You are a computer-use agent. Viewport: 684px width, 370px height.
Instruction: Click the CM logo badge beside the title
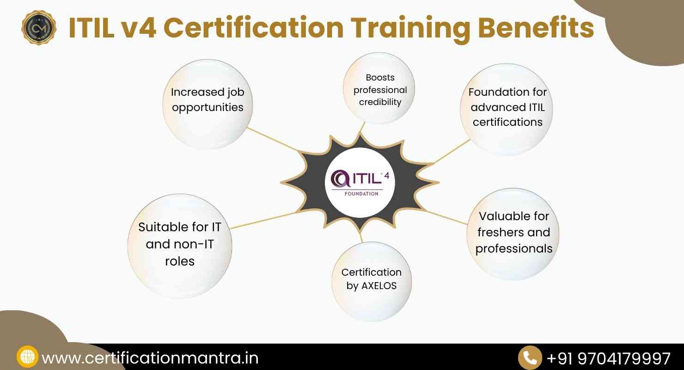pos(39,28)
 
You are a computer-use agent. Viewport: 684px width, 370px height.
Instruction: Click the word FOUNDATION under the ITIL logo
pos(361,193)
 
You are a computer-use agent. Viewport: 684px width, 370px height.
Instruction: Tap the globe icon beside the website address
pos(27,358)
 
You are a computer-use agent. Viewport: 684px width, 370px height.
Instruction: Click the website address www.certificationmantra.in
pos(150,358)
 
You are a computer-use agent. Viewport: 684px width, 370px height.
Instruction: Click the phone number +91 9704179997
pos(608,358)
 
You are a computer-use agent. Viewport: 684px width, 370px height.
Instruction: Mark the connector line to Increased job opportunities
pos(273,139)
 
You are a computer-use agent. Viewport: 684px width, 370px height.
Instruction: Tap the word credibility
pos(380,102)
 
